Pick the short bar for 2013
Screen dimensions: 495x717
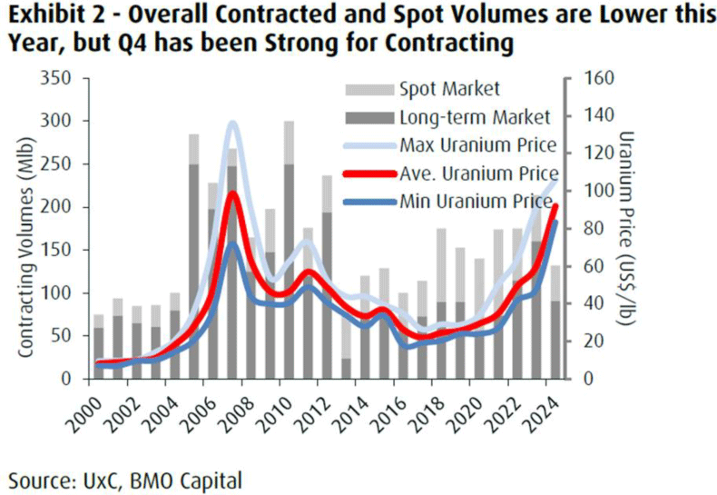[346, 367]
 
